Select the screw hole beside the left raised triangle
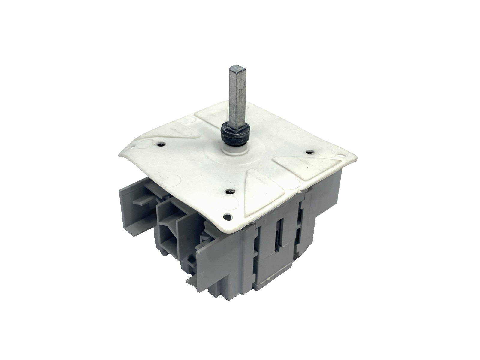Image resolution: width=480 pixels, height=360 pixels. click(x=162, y=144)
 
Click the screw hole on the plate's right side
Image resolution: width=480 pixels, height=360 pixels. click(x=309, y=152)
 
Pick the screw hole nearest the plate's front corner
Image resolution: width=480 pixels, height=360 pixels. click(x=231, y=191)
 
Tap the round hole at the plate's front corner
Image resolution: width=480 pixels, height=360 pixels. click(x=227, y=216)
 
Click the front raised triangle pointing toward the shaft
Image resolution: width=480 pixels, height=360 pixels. click(x=260, y=185)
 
